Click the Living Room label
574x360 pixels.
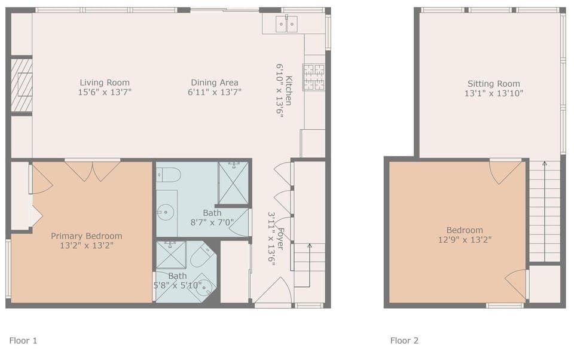[x=105, y=83]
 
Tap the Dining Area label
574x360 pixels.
[x=215, y=83]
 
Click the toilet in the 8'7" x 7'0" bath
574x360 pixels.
[x=169, y=175]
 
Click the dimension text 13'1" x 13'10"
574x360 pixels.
[x=493, y=93]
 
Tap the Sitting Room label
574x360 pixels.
[x=493, y=84]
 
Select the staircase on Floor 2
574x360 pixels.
[x=544, y=209]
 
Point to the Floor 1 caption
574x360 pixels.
[x=23, y=341]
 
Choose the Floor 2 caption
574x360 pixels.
[x=404, y=341]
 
